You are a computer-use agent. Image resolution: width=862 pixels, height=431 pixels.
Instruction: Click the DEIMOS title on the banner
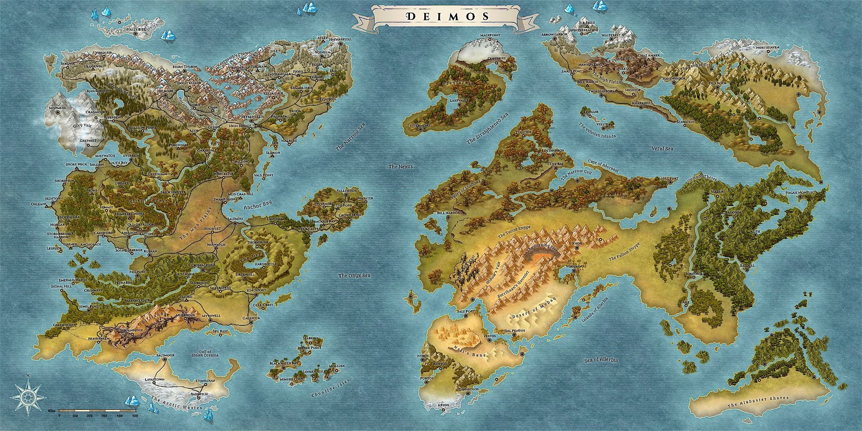click(447, 16)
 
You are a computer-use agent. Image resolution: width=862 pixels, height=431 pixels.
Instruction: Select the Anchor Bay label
click(257, 205)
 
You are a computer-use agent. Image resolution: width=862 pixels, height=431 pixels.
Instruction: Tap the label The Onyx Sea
click(354, 275)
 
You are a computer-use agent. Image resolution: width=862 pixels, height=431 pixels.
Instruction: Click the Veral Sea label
click(662, 148)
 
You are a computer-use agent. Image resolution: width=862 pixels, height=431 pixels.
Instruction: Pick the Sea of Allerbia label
click(601, 360)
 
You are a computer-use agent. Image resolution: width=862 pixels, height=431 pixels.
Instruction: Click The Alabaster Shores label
click(757, 402)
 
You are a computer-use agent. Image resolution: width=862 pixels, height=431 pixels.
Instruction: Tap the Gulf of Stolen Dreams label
click(204, 353)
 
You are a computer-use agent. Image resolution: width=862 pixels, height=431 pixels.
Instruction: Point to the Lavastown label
click(154, 379)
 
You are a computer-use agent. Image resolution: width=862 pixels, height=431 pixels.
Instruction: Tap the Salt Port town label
click(466, 311)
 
